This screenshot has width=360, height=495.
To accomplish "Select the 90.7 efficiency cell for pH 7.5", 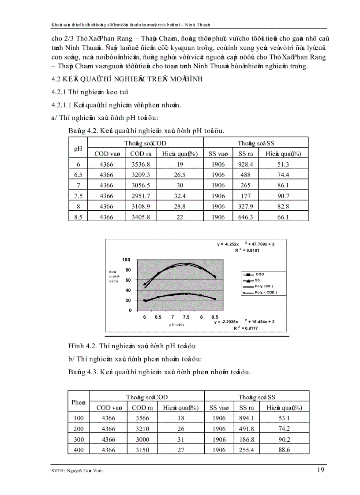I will pyautogui.click(x=284, y=196).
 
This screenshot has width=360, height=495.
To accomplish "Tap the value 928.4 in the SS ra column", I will pyautogui.click(x=246, y=164).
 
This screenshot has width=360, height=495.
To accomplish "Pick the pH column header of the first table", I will pyautogui.click(x=79, y=148).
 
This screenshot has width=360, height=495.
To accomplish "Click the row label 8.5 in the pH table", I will pyautogui.click(x=79, y=217).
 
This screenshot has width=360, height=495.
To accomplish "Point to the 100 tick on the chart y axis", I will pyautogui.click(x=127, y=260).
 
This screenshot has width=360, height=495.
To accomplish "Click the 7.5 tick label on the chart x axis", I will pyautogui.click(x=187, y=317).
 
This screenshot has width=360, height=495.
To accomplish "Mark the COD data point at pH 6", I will pyautogui.click(x=145, y=301).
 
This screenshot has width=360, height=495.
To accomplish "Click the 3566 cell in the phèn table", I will pyautogui.click(x=142, y=418).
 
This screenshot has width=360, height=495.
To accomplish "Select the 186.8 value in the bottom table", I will pyautogui.click(x=246, y=439).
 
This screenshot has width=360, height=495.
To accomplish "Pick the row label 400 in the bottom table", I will pyautogui.click(x=79, y=450).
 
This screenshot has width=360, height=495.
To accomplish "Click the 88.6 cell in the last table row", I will pyautogui.click(x=284, y=450).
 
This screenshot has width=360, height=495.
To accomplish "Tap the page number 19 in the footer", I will pyautogui.click(x=321, y=470).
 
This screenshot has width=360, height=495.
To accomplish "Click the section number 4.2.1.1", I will pyautogui.click(x=62, y=105).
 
